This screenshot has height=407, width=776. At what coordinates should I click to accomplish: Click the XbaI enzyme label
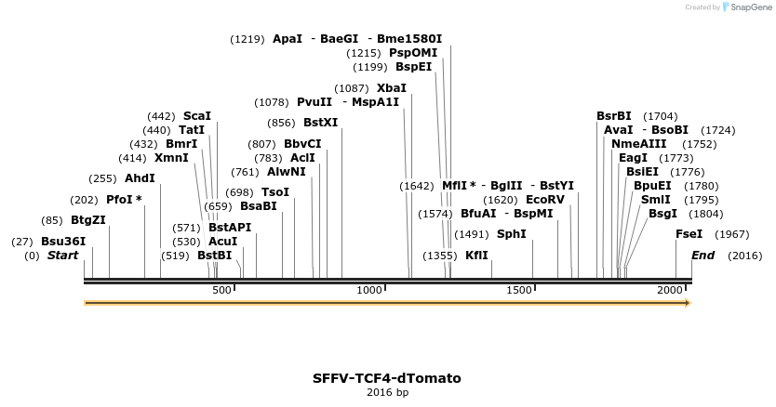[x=392, y=88]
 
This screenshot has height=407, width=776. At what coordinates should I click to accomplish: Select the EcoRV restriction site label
[x=545, y=200]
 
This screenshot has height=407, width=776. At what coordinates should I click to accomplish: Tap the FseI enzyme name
[x=689, y=234]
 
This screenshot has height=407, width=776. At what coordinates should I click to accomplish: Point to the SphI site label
[x=511, y=234]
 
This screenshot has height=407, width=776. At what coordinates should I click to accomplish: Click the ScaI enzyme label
[x=197, y=116]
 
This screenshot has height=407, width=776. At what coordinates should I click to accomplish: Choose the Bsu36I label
[x=63, y=242]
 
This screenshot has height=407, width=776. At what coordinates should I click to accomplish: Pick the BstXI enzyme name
[x=321, y=123]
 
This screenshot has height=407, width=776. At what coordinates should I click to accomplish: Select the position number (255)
[x=102, y=178]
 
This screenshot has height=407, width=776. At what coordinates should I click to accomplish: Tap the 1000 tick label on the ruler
[x=369, y=290]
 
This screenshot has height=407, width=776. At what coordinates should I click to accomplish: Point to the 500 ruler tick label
[x=221, y=290]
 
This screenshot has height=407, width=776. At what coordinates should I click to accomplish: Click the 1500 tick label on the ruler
[x=518, y=290]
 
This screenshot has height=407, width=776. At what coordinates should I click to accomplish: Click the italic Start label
[x=63, y=256]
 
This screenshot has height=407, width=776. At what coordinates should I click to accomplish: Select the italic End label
[x=703, y=256]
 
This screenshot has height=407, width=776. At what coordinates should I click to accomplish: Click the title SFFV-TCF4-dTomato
[x=387, y=378]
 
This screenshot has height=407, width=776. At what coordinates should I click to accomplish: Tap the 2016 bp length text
[x=387, y=392]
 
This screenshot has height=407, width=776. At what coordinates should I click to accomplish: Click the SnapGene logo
[x=747, y=7]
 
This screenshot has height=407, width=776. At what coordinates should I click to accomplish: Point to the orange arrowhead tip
[x=691, y=303]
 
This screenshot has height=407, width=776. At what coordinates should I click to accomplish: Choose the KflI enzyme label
[x=476, y=256]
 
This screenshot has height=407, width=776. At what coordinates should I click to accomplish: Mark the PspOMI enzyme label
[x=413, y=53]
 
